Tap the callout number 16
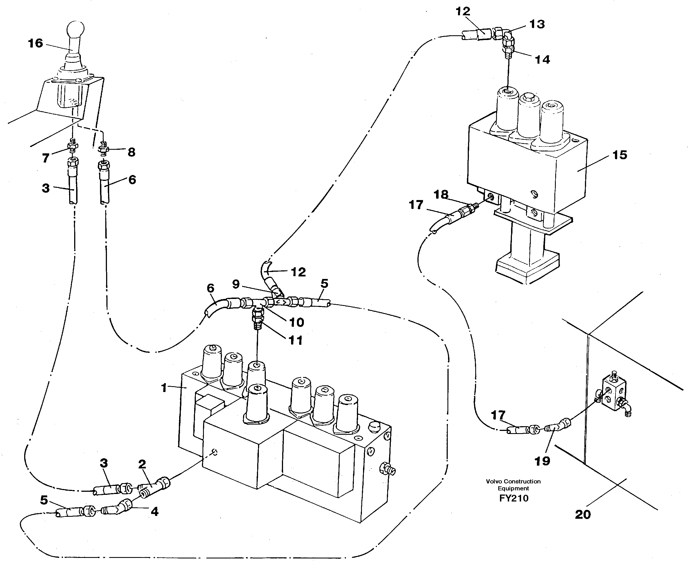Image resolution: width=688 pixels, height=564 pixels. click(35, 43)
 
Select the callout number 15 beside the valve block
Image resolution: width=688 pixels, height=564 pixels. click(619, 155)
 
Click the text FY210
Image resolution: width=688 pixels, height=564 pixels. click(514, 498)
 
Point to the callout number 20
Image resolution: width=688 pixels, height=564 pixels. click(583, 515)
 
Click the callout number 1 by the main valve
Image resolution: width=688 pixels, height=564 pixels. click(164, 388)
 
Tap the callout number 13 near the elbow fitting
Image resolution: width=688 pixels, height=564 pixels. click(537, 24)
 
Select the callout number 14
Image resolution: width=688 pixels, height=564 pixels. click(542, 60)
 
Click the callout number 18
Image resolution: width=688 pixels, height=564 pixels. click(441, 194)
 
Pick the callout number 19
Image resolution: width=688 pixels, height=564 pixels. click(542, 461)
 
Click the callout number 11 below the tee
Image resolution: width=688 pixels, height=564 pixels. click(295, 340)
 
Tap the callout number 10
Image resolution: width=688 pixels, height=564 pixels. click(296, 322)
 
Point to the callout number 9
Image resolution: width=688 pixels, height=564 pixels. click(236, 284)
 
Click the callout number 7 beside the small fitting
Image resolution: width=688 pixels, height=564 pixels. click(46, 158)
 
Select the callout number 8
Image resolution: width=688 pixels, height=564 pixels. click(131, 152)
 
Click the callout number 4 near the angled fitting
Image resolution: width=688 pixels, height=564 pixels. click(154, 512)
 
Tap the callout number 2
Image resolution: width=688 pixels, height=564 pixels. click(142, 465)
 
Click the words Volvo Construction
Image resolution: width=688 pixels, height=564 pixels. click(513, 481)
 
